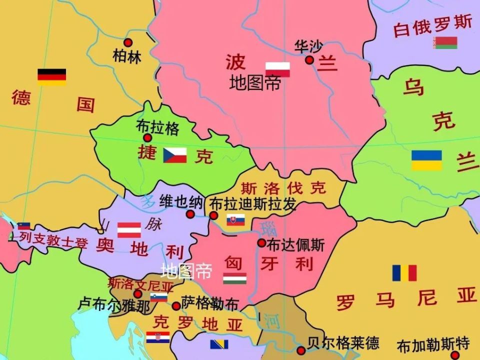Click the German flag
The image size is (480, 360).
click(51, 77)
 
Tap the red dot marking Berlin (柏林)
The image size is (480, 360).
click(128, 43)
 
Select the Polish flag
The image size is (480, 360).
click(277, 69)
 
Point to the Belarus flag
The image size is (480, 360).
click(446, 43)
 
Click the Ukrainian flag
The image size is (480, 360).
click(426, 160)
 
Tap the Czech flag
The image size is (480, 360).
click(175, 155)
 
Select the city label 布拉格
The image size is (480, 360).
click(157, 128)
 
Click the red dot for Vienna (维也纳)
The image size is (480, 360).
click(190, 214)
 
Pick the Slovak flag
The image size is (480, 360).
click(235, 220)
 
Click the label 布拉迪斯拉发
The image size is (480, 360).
click(253, 204)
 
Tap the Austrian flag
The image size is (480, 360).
click(129, 230)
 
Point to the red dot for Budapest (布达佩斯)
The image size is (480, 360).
click(261, 243)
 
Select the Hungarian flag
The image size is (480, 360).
click(234, 278)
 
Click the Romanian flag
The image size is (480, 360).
click(404, 273)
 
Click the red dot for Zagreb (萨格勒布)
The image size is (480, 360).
click(176, 306)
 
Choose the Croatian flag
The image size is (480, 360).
click(158, 337)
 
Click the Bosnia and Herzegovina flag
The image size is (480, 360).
click(219, 344)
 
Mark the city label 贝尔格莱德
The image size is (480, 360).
click(343, 343)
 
